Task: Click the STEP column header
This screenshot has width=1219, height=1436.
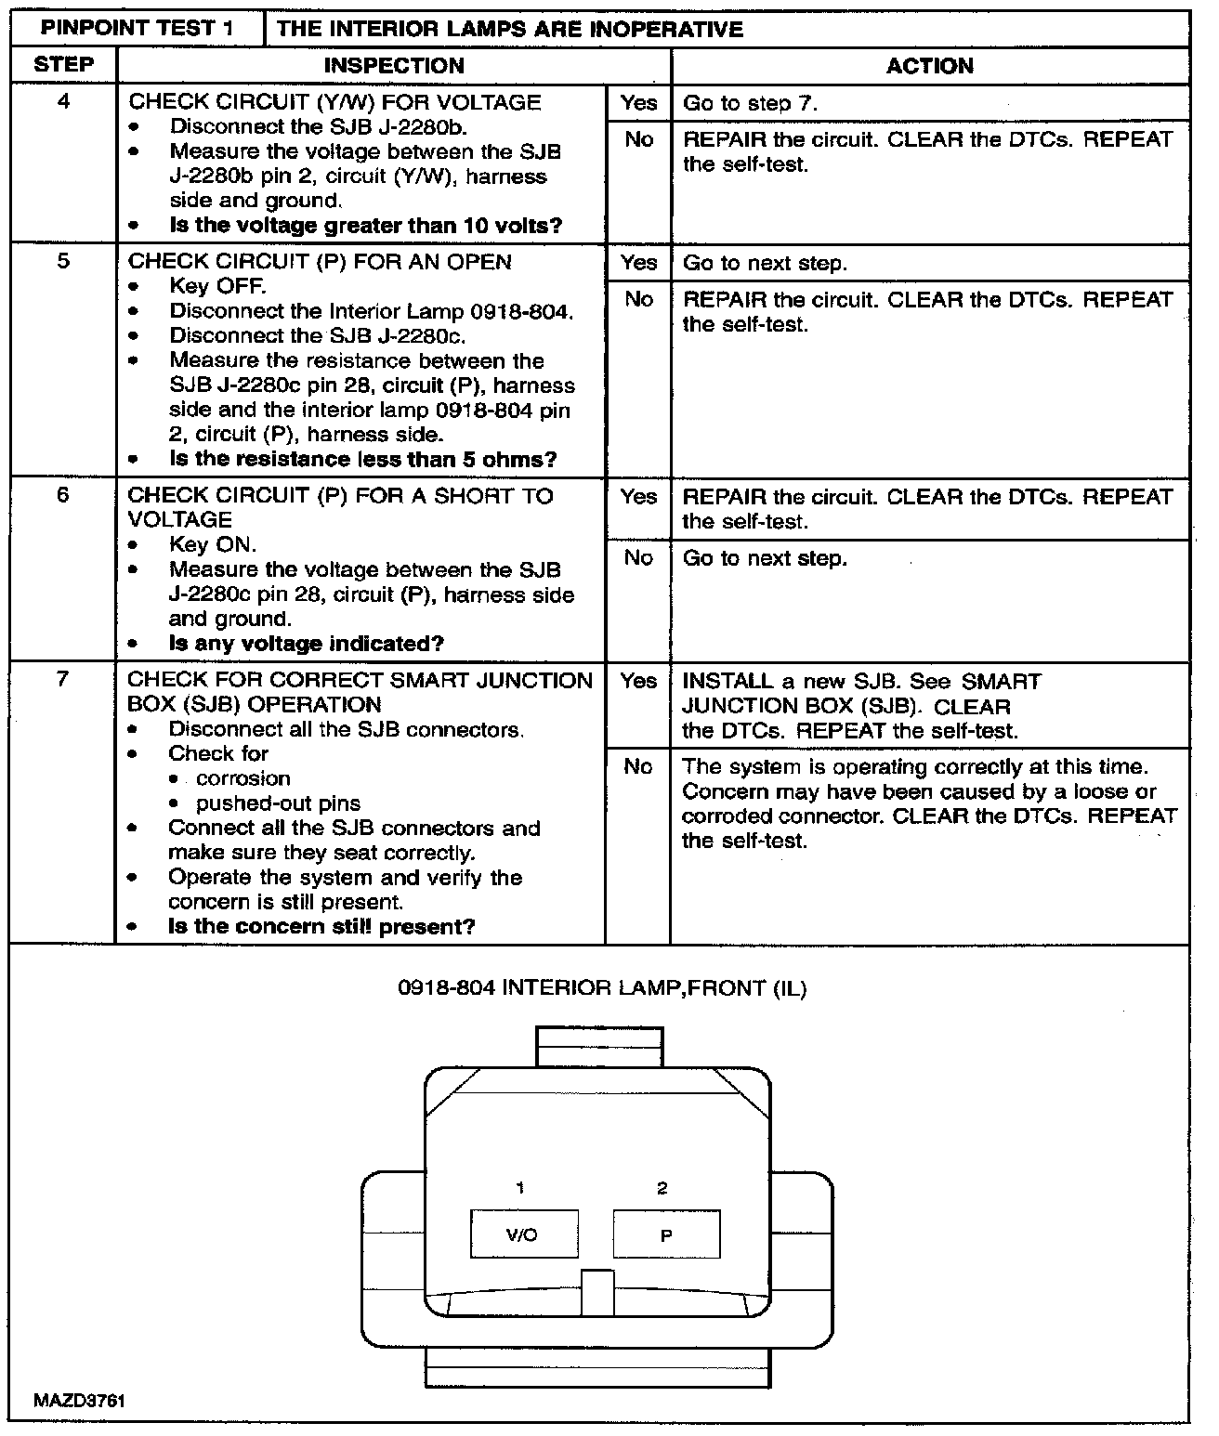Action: coord(63,65)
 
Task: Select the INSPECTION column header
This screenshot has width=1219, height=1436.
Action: coord(393,66)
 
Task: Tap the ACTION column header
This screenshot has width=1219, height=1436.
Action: coord(929,66)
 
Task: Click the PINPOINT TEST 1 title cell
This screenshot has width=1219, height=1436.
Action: coord(137,28)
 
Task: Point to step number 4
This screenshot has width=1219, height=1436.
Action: coord(63,102)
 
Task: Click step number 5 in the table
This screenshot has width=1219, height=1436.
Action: coord(63,261)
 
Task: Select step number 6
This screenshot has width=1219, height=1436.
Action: coord(63,495)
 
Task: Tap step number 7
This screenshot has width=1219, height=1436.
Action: coord(63,679)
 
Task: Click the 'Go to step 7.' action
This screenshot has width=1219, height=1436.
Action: coord(751,103)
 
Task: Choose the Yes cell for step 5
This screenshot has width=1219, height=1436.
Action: coord(638,263)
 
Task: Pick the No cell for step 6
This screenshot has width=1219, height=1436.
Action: coord(638,557)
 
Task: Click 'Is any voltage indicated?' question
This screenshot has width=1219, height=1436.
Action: coord(306,644)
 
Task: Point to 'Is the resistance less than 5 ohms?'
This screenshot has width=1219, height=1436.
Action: coord(362,459)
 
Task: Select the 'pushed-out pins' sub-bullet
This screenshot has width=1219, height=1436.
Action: coord(278,803)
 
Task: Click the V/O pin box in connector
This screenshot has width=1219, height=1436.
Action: coord(523,1234)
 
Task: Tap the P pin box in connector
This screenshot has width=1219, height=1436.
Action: coord(666,1234)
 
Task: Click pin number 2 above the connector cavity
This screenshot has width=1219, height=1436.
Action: coord(662,1188)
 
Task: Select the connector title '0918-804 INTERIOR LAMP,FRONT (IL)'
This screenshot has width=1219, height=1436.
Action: coord(602,988)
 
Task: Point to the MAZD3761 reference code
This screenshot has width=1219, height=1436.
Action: coord(79,1401)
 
